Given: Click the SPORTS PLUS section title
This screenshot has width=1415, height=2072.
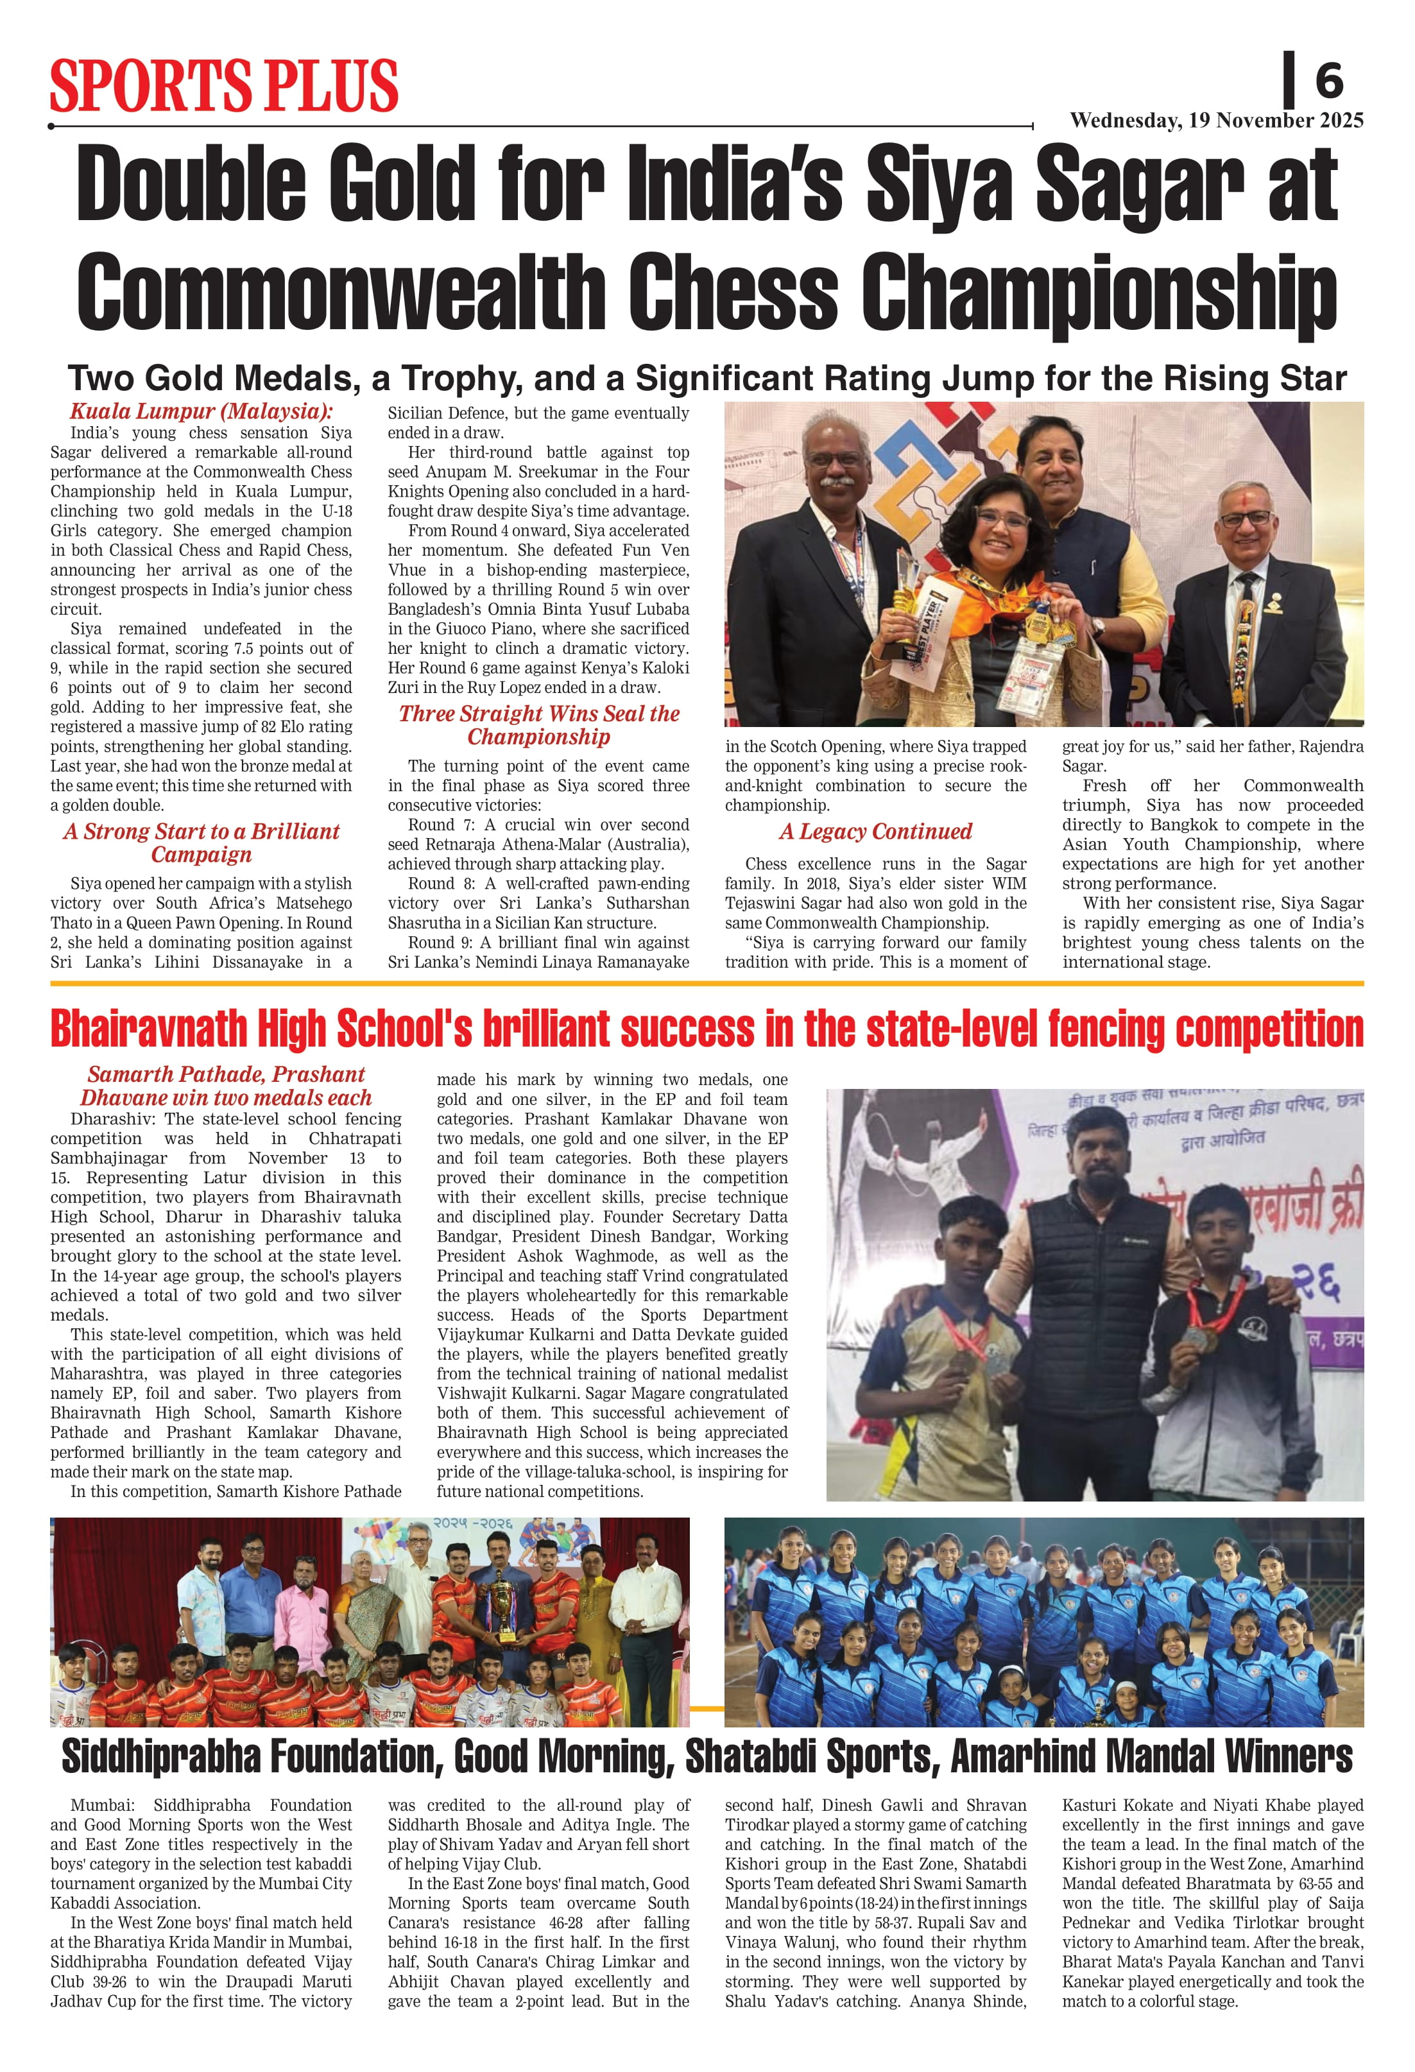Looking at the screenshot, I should point(224,87).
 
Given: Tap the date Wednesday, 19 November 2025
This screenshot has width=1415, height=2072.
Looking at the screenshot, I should point(1216,121).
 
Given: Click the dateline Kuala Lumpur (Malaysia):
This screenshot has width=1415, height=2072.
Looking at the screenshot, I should point(201,412).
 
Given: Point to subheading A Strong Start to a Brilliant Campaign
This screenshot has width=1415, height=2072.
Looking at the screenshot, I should point(202,843).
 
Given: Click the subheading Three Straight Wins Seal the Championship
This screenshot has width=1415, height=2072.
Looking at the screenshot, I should point(538,725).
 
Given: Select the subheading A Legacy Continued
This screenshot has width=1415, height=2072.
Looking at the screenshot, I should point(875,832).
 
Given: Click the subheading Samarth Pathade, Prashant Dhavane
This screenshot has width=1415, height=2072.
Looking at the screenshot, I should point(226,1086).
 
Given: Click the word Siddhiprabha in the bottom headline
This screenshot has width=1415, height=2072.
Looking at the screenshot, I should point(163,1756).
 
